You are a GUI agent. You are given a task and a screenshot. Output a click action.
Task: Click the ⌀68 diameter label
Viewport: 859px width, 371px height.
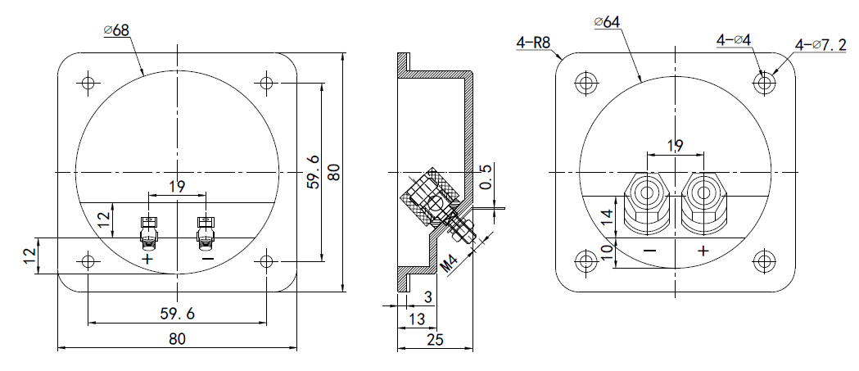tap(116, 30)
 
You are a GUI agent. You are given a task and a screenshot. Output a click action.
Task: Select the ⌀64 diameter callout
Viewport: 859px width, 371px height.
tap(606, 22)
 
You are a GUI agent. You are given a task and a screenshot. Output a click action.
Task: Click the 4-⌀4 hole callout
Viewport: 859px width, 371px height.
tap(734, 39)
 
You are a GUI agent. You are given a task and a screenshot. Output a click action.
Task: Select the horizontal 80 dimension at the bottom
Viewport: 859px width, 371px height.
tap(177, 338)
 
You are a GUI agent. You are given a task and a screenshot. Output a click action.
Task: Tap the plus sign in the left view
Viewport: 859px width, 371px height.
tap(147, 259)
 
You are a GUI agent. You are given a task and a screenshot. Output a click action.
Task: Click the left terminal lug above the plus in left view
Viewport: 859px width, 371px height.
tap(148, 233)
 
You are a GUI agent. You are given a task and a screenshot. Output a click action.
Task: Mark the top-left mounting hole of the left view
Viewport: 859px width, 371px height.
tap(88, 83)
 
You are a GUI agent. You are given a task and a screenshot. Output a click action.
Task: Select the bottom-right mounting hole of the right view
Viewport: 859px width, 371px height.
tap(764, 261)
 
